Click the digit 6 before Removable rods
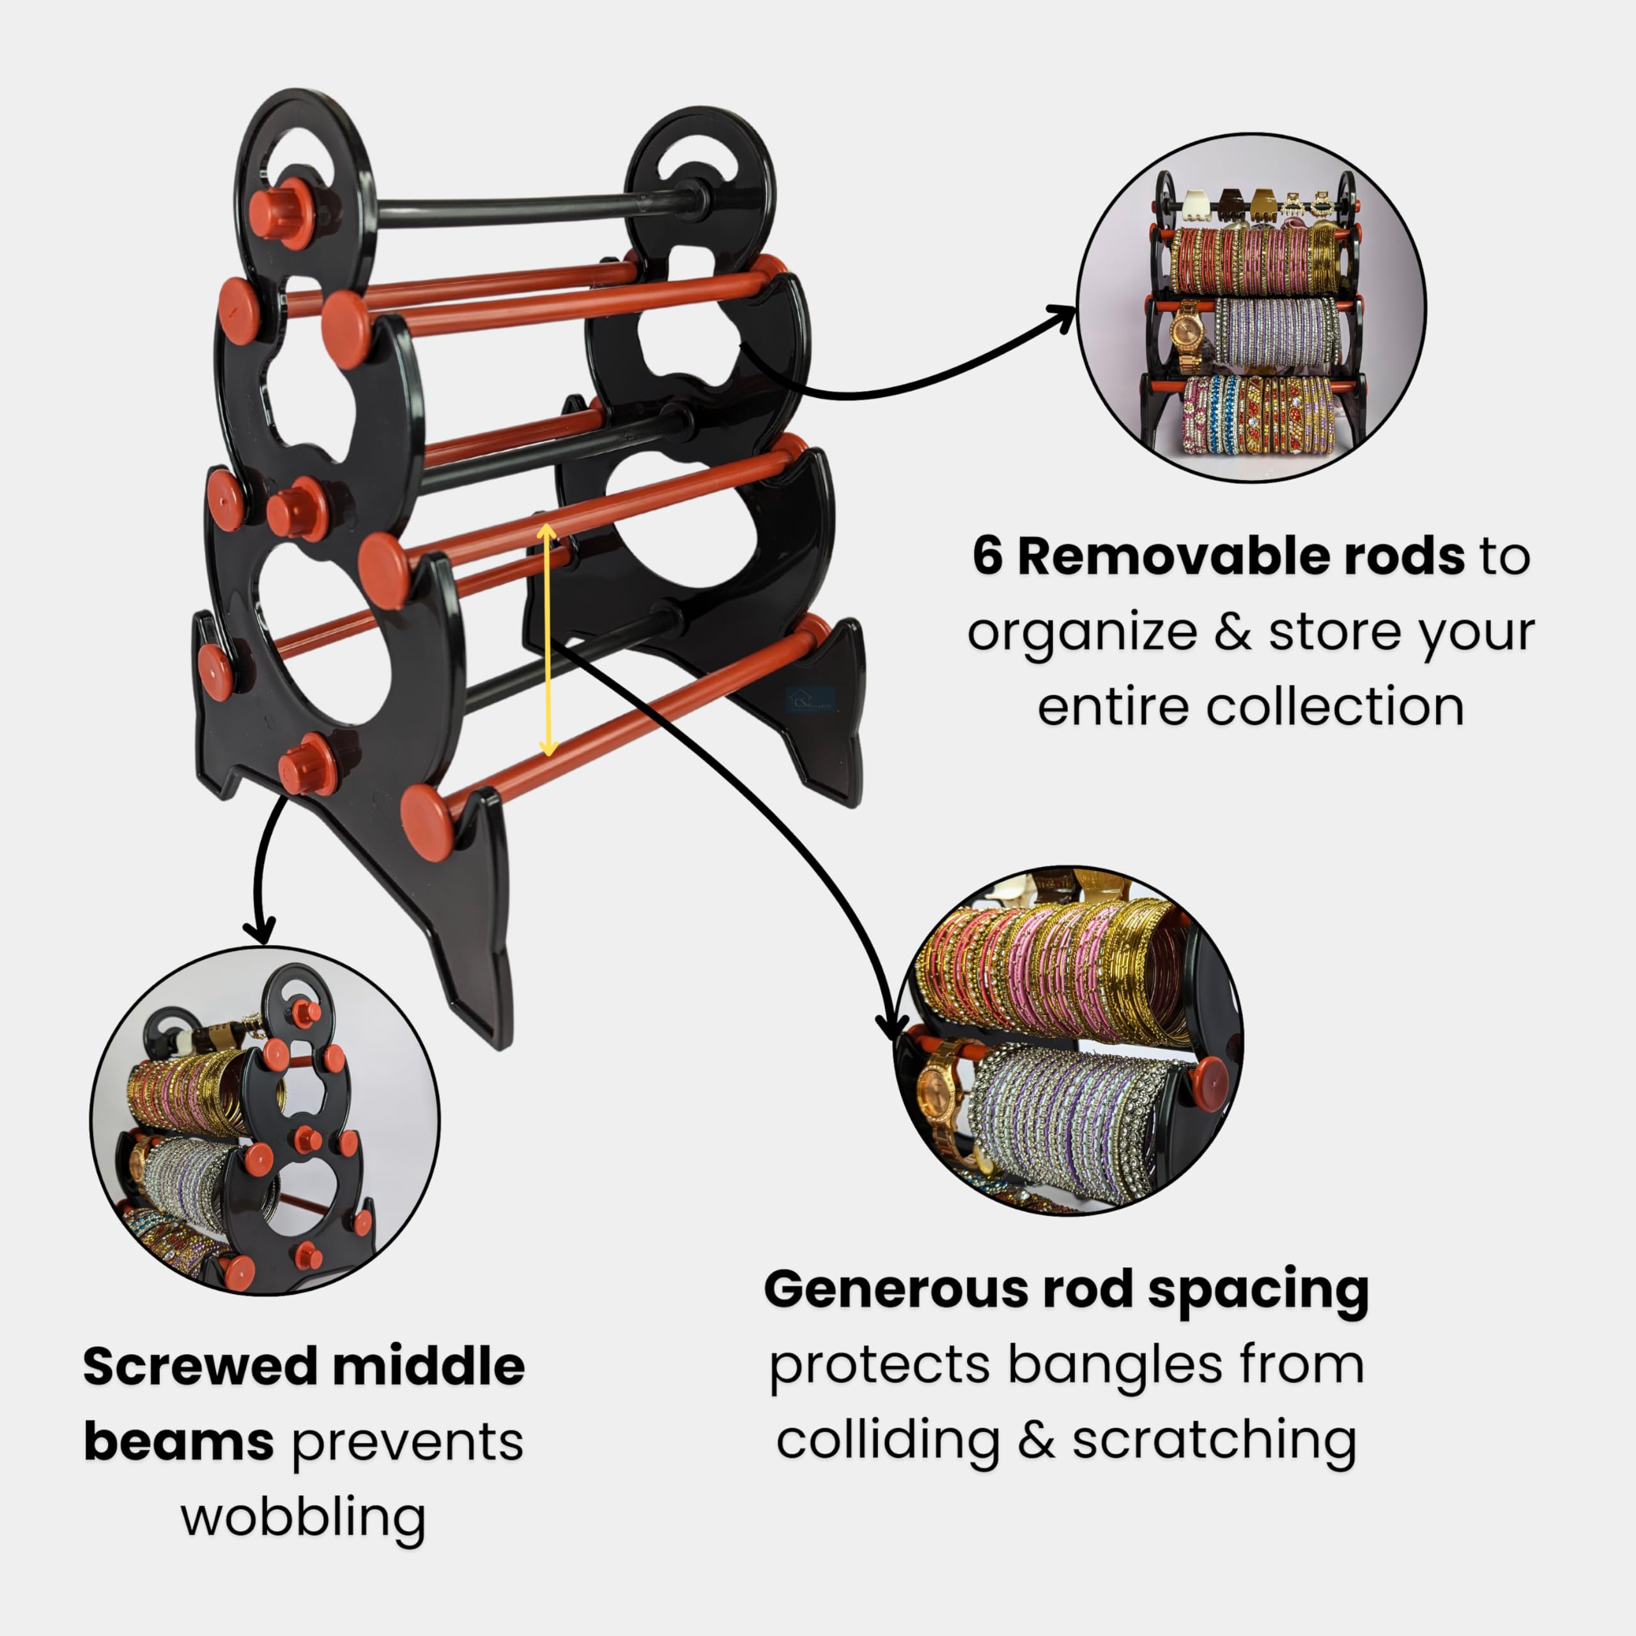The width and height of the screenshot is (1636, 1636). click(x=987, y=557)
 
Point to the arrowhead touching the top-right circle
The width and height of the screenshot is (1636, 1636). click(x=1061, y=320)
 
